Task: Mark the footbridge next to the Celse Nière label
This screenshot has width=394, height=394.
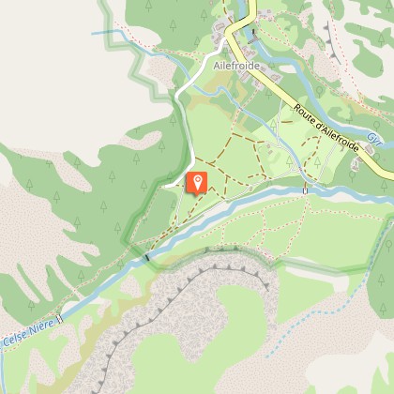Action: pyautogui.click(x=59, y=318)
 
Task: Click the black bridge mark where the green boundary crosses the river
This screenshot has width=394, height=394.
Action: pyautogui.click(x=147, y=255)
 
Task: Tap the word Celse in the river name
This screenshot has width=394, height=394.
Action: pyautogui.click(x=14, y=336)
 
